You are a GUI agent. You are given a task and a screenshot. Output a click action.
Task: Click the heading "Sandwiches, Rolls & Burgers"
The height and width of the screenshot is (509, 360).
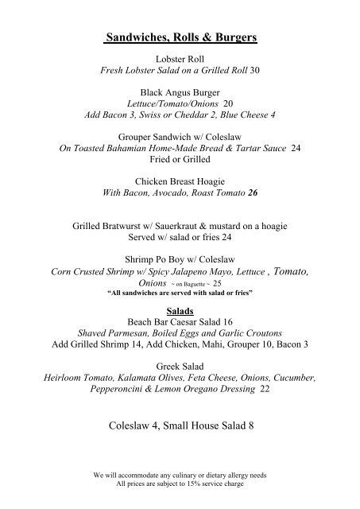(x=180, y=37)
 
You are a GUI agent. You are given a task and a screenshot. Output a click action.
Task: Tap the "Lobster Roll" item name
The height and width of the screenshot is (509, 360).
(x=180, y=60)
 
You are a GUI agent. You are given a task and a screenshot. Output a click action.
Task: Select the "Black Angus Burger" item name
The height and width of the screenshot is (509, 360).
(x=180, y=93)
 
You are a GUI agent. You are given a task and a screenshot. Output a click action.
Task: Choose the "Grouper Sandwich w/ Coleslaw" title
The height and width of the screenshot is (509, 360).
(x=180, y=137)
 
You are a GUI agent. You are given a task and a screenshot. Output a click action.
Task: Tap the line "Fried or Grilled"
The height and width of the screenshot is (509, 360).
(x=180, y=159)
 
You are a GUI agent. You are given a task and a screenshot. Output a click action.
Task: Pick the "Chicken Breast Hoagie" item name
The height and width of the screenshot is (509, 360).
(x=180, y=181)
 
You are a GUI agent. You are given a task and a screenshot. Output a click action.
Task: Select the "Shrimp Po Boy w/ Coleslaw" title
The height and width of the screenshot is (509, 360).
(x=180, y=258)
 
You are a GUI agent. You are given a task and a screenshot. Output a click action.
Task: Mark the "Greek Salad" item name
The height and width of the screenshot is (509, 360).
(x=180, y=359)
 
